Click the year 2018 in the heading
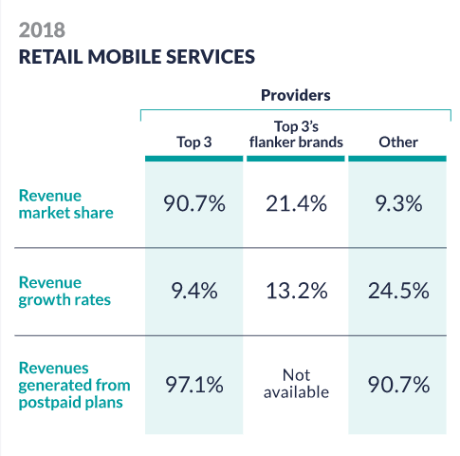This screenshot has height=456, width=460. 42,30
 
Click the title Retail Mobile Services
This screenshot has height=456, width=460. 137,57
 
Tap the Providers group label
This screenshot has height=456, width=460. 296,95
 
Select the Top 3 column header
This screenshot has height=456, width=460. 194,142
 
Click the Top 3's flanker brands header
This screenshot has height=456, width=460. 296,134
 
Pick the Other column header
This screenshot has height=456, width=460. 398,142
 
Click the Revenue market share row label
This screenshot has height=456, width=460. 65,204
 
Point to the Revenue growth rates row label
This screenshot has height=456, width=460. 64,292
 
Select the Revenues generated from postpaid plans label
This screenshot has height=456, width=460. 75,386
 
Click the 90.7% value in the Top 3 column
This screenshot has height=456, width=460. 194,203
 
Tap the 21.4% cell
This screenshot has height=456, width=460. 296,203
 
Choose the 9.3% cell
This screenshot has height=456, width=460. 398,203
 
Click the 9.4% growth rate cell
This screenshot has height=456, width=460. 194,291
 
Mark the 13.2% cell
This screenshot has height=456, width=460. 297,291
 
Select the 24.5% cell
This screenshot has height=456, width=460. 398,291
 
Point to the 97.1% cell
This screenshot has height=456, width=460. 194,385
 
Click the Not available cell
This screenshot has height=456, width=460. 296,384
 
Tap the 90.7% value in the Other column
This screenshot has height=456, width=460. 398,385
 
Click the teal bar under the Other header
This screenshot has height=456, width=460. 397,159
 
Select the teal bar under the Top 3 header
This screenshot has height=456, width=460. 194,159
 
